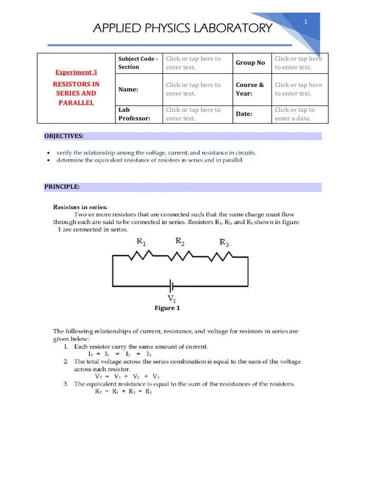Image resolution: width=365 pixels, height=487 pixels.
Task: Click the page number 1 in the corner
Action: point(306,22)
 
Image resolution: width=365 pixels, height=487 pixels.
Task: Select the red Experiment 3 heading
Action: point(76,72)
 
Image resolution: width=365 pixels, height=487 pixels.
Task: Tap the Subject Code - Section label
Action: point(137,63)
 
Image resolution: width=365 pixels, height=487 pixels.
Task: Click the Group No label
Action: point(250,63)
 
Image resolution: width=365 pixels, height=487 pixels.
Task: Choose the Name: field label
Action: point(128,89)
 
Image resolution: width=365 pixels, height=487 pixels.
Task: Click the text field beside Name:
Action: point(193,89)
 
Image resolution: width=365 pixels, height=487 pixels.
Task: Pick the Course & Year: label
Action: point(250,89)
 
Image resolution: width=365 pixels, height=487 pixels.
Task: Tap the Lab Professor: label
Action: point(134,114)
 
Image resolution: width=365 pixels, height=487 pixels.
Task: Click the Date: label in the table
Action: point(244,114)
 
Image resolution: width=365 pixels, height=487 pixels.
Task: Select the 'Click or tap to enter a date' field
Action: point(295,114)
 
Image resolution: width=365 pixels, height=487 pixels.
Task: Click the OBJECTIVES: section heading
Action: point(64,136)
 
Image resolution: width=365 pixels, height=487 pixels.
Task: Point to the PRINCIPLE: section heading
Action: point(62,187)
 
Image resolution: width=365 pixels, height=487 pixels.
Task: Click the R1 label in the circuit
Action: point(141,242)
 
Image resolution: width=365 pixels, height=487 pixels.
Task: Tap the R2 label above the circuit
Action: point(180,241)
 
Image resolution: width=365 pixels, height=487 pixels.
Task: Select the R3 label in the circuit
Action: point(224,242)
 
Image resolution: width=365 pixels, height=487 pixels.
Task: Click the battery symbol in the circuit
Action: point(172,286)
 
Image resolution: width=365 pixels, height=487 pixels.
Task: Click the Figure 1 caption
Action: point(167,308)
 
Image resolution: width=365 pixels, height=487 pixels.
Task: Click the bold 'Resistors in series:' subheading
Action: point(80,207)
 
